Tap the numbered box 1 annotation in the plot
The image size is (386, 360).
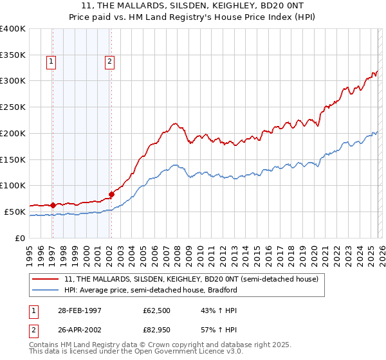pyautogui.click(x=51, y=62)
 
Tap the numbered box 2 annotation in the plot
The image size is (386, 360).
pyautogui.click(x=109, y=62)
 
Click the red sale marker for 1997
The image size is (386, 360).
pyautogui.click(x=53, y=205)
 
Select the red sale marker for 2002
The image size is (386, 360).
pyautogui.click(x=111, y=194)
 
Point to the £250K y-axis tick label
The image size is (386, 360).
pyautogui.click(x=12, y=107)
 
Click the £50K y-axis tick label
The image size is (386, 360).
pyautogui.click(x=15, y=212)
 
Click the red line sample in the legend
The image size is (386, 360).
pyautogui.click(x=46, y=280)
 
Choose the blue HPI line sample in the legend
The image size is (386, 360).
pyautogui.click(x=46, y=290)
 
